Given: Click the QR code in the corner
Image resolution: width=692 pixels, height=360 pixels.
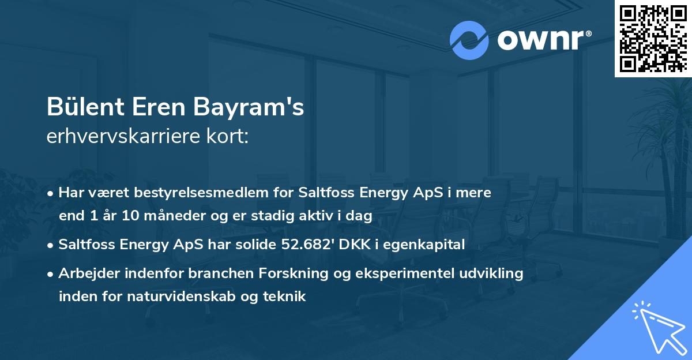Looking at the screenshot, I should (x=652, y=38).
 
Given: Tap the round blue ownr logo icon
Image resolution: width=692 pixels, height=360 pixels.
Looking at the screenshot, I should (x=469, y=40).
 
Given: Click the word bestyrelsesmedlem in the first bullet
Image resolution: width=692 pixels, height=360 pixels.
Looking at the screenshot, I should (x=195, y=193).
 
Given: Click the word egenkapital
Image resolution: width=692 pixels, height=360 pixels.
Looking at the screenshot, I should (x=428, y=245).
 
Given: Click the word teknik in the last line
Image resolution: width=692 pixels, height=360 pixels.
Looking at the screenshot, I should (x=285, y=297).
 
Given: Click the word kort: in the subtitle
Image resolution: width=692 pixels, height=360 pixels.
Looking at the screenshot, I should (x=230, y=136).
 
